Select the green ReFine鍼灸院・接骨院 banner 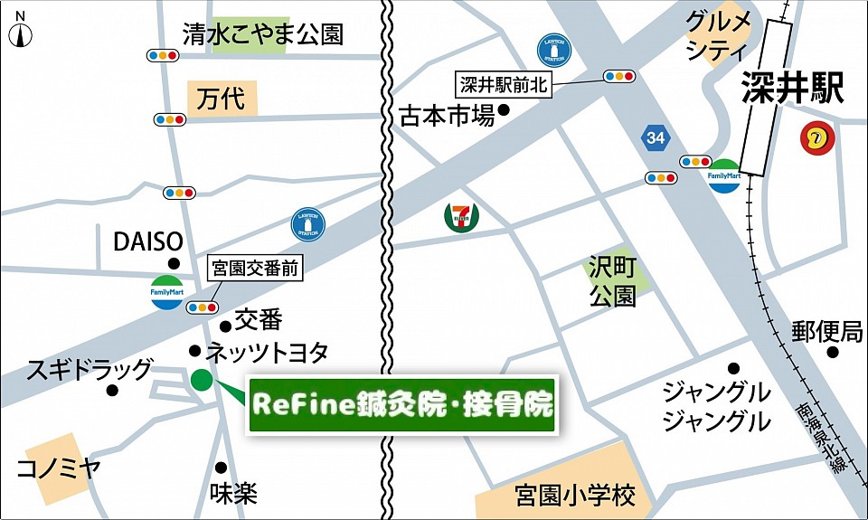click(401, 403)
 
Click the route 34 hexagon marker click(656, 137)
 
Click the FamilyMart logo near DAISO click(166, 294)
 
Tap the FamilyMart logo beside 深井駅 click(724, 175)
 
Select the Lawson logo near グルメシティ click(552, 50)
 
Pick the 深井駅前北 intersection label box click(503, 85)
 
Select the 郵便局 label click(827, 331)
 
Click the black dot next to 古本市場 click(504, 110)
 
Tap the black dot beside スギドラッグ click(113, 391)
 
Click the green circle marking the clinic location click(202, 380)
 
